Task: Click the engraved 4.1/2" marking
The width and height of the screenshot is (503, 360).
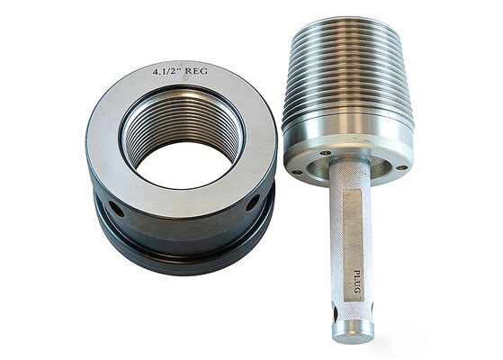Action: [x=166, y=70]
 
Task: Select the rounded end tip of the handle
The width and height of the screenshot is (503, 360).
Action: [x=354, y=333]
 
